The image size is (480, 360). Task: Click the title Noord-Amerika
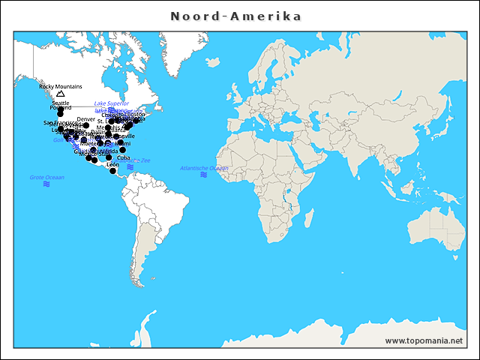click(x=235, y=16)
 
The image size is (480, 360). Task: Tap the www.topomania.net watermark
click(x=424, y=341)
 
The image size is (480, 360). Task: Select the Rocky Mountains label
click(x=61, y=86)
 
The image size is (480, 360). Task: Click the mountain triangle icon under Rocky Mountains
click(x=60, y=94)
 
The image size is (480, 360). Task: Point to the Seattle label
click(x=61, y=103)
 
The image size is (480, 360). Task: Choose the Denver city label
click(x=86, y=119)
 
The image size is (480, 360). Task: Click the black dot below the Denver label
click(x=86, y=126)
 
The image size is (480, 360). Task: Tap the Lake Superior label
click(x=112, y=103)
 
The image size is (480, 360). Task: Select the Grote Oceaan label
click(x=46, y=177)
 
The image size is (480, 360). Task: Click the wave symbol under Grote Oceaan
click(x=46, y=184)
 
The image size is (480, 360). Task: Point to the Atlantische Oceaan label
click(x=204, y=168)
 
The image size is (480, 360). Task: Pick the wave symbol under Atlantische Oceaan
click(x=204, y=175)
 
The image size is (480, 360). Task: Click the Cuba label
click(x=123, y=158)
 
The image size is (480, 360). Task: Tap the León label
click(x=113, y=164)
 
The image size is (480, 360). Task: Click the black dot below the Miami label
click(x=123, y=150)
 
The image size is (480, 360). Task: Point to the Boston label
click(x=136, y=114)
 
